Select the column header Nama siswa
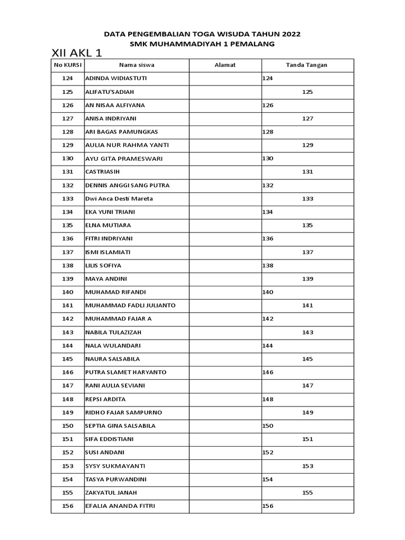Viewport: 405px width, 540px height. coord(137,65)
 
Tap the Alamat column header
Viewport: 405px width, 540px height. coord(225,65)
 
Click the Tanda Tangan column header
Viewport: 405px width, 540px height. coord(307,65)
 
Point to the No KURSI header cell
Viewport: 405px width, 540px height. coord(67,65)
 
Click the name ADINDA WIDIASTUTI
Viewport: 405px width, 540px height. coord(116,79)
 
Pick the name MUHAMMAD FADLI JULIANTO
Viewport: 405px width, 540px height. coord(130,306)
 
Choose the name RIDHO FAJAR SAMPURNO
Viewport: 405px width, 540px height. coord(123,412)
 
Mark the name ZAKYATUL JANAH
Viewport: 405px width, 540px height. coord(111,493)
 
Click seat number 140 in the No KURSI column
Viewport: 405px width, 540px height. coord(67,292)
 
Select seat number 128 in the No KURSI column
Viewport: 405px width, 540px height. coord(67,132)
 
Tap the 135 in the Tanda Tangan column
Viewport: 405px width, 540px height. coord(307,226)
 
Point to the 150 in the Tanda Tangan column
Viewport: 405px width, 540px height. coord(268,426)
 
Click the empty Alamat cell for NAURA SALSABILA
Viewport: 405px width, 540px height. coord(225,359)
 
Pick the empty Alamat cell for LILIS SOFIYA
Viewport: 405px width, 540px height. coord(225,266)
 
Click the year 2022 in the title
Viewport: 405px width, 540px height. coord(288,34)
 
